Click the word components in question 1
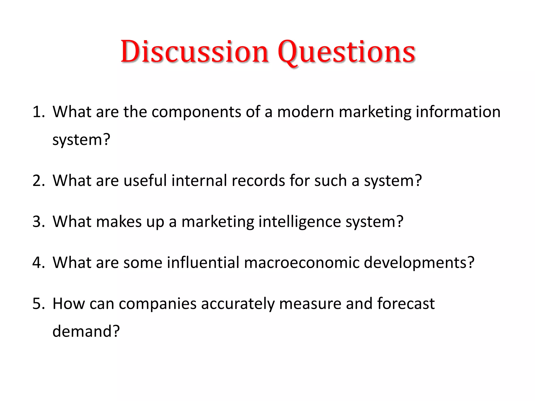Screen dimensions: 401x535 pos(196,113)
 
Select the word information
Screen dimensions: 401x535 pos(458,112)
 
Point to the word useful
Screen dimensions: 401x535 pos(145,181)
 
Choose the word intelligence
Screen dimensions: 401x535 pos(300,222)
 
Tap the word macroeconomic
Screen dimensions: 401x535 pos(301,263)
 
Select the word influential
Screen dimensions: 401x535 pos(203,263)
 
